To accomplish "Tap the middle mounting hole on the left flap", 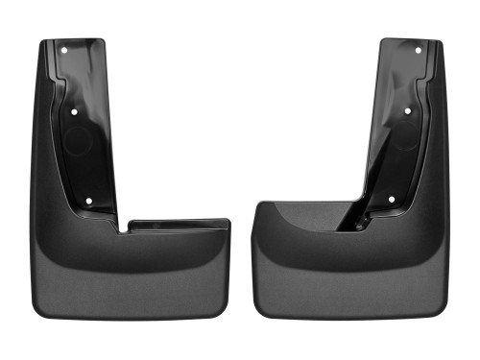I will [x=75, y=111].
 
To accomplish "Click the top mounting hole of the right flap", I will [x=417, y=49].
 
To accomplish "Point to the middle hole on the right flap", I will [x=407, y=111].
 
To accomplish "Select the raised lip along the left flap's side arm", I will [x=179, y=226].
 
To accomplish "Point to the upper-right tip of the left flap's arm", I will [x=228, y=221].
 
